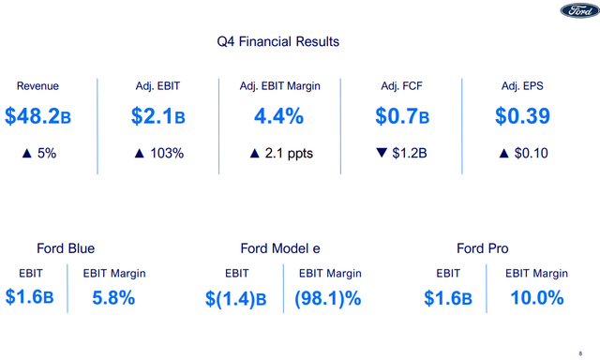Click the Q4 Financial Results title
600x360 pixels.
pyautogui.click(x=277, y=42)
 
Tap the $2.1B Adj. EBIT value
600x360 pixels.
pyautogui.click(x=157, y=116)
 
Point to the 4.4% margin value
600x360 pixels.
pyautogui.click(x=280, y=116)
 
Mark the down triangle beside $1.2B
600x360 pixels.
pyautogui.click(x=381, y=153)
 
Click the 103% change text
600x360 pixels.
pyautogui.click(x=163, y=153)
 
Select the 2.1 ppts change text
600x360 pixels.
pyautogui.click(x=286, y=153)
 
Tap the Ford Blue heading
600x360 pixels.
pyautogui.click(x=66, y=248)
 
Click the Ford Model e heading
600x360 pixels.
pyautogui.click(x=280, y=248)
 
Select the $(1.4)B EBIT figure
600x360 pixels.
pyautogui.click(x=236, y=299)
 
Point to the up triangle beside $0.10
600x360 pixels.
pyautogui.click(x=503, y=153)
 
